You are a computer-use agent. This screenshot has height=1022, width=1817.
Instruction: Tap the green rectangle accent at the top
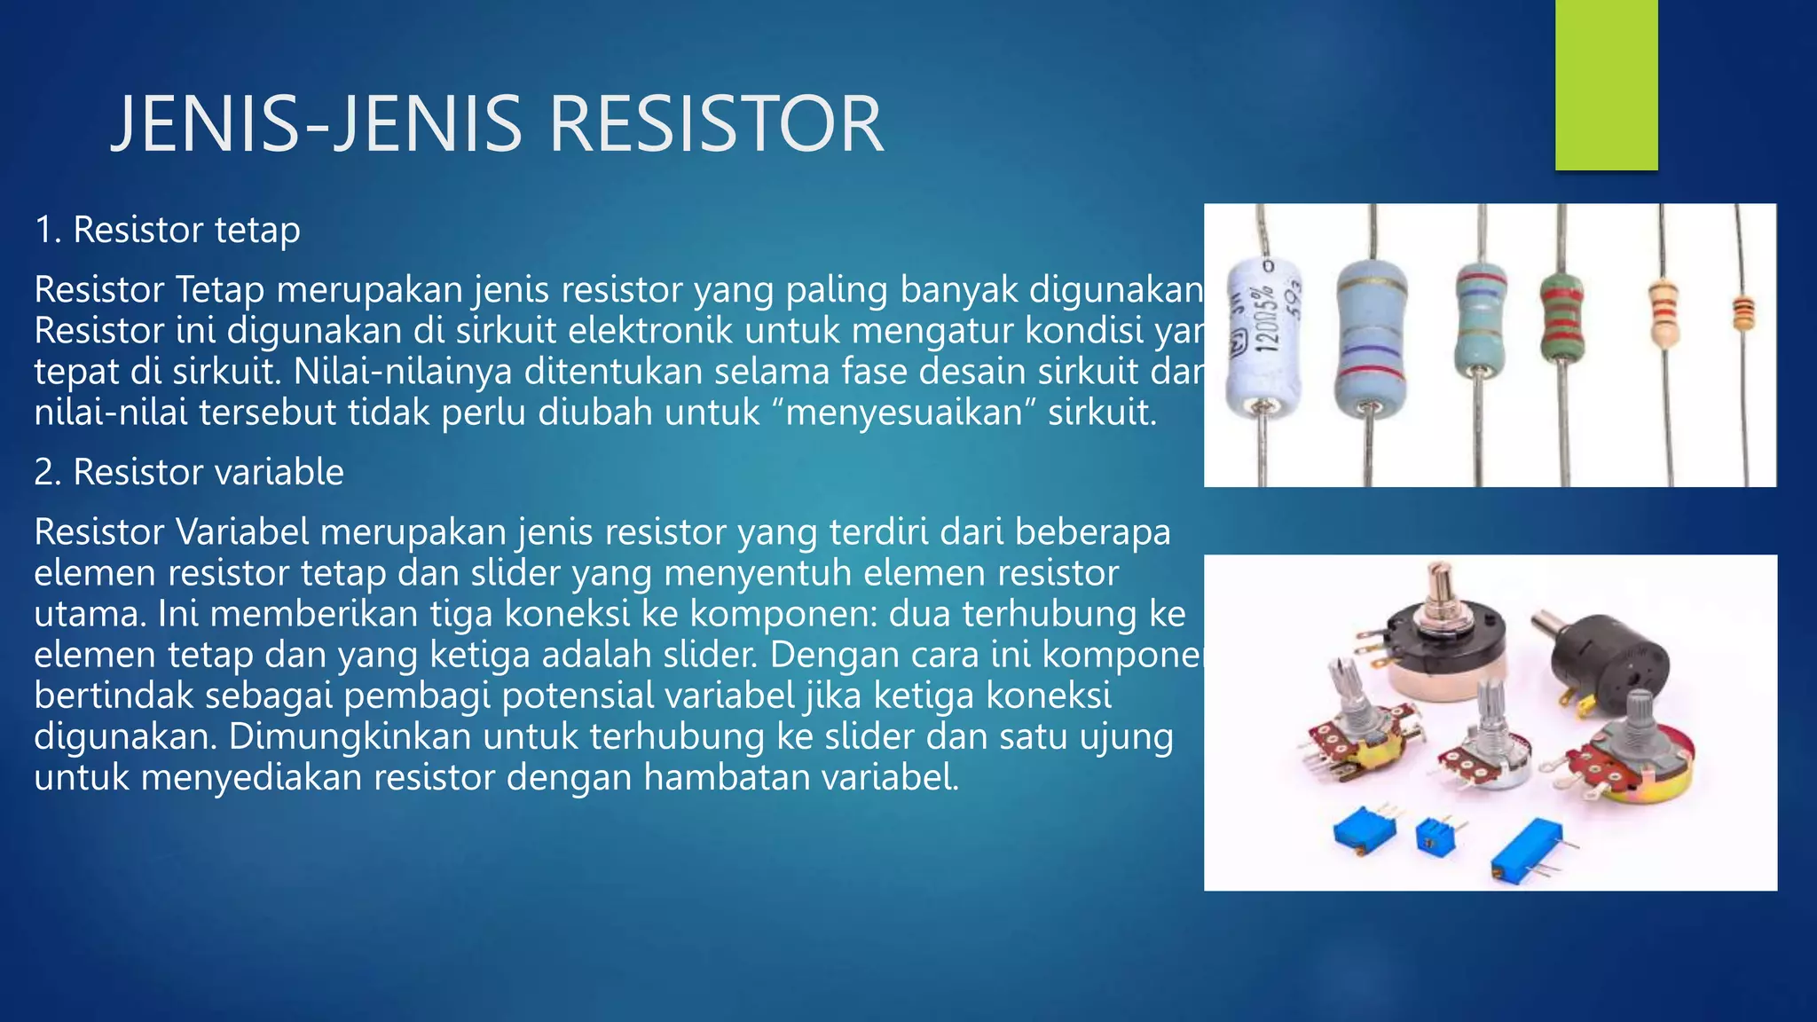[x=1606, y=84]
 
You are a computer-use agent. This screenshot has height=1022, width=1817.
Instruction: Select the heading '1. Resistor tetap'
[x=168, y=230]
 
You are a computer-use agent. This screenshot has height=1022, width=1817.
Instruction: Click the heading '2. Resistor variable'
[x=189, y=472]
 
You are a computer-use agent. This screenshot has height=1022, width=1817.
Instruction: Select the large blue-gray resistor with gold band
[x=1372, y=337]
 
